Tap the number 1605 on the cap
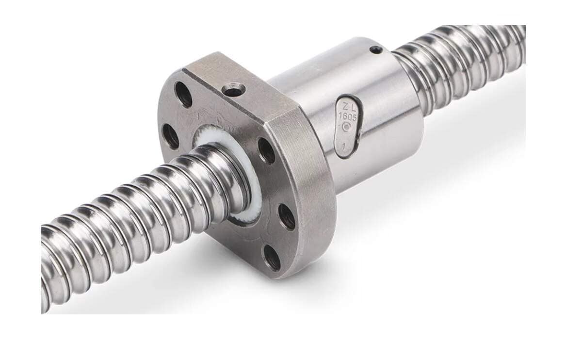click(x=346, y=117)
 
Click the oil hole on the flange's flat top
click(x=233, y=90)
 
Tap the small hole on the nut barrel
click(x=376, y=49)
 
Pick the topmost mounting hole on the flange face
click(x=183, y=94)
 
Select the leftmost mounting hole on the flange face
click(x=170, y=136)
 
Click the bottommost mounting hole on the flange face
click(x=272, y=257)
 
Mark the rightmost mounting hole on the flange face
click(x=286, y=216)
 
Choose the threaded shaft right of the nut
click(x=466, y=63)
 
